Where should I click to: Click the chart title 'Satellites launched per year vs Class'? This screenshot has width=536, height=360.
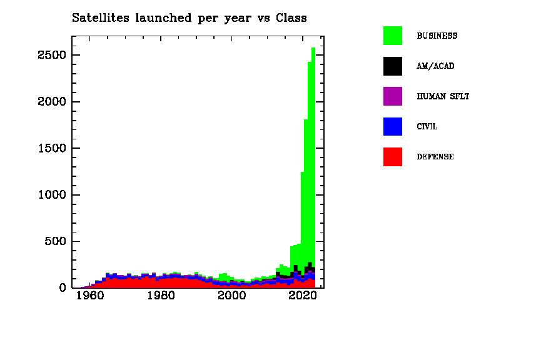pyautogui.click(x=189, y=18)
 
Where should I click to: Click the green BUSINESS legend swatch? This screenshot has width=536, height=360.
pyautogui.click(x=392, y=36)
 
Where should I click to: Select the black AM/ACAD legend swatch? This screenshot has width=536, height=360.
pyautogui.click(x=392, y=66)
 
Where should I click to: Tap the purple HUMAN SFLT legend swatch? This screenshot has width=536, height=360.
pyautogui.click(x=392, y=96)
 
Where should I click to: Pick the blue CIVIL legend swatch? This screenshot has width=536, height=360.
pyautogui.click(x=392, y=126)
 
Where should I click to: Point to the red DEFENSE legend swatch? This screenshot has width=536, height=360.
pyautogui.click(x=392, y=157)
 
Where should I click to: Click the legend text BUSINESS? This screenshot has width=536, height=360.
pyautogui.click(x=437, y=36)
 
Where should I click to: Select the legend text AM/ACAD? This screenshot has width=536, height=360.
pyautogui.click(x=435, y=66)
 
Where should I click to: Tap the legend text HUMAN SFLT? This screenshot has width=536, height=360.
pyautogui.click(x=443, y=97)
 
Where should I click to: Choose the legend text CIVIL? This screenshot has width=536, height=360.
pyautogui.click(x=427, y=127)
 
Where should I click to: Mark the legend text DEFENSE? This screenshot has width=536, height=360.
pyautogui.click(x=435, y=157)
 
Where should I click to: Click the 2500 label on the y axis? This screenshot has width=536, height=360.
pyautogui.click(x=51, y=56)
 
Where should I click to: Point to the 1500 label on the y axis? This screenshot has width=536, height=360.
pyautogui.click(x=51, y=149)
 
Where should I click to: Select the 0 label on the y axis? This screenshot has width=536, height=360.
pyautogui.click(x=63, y=288)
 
